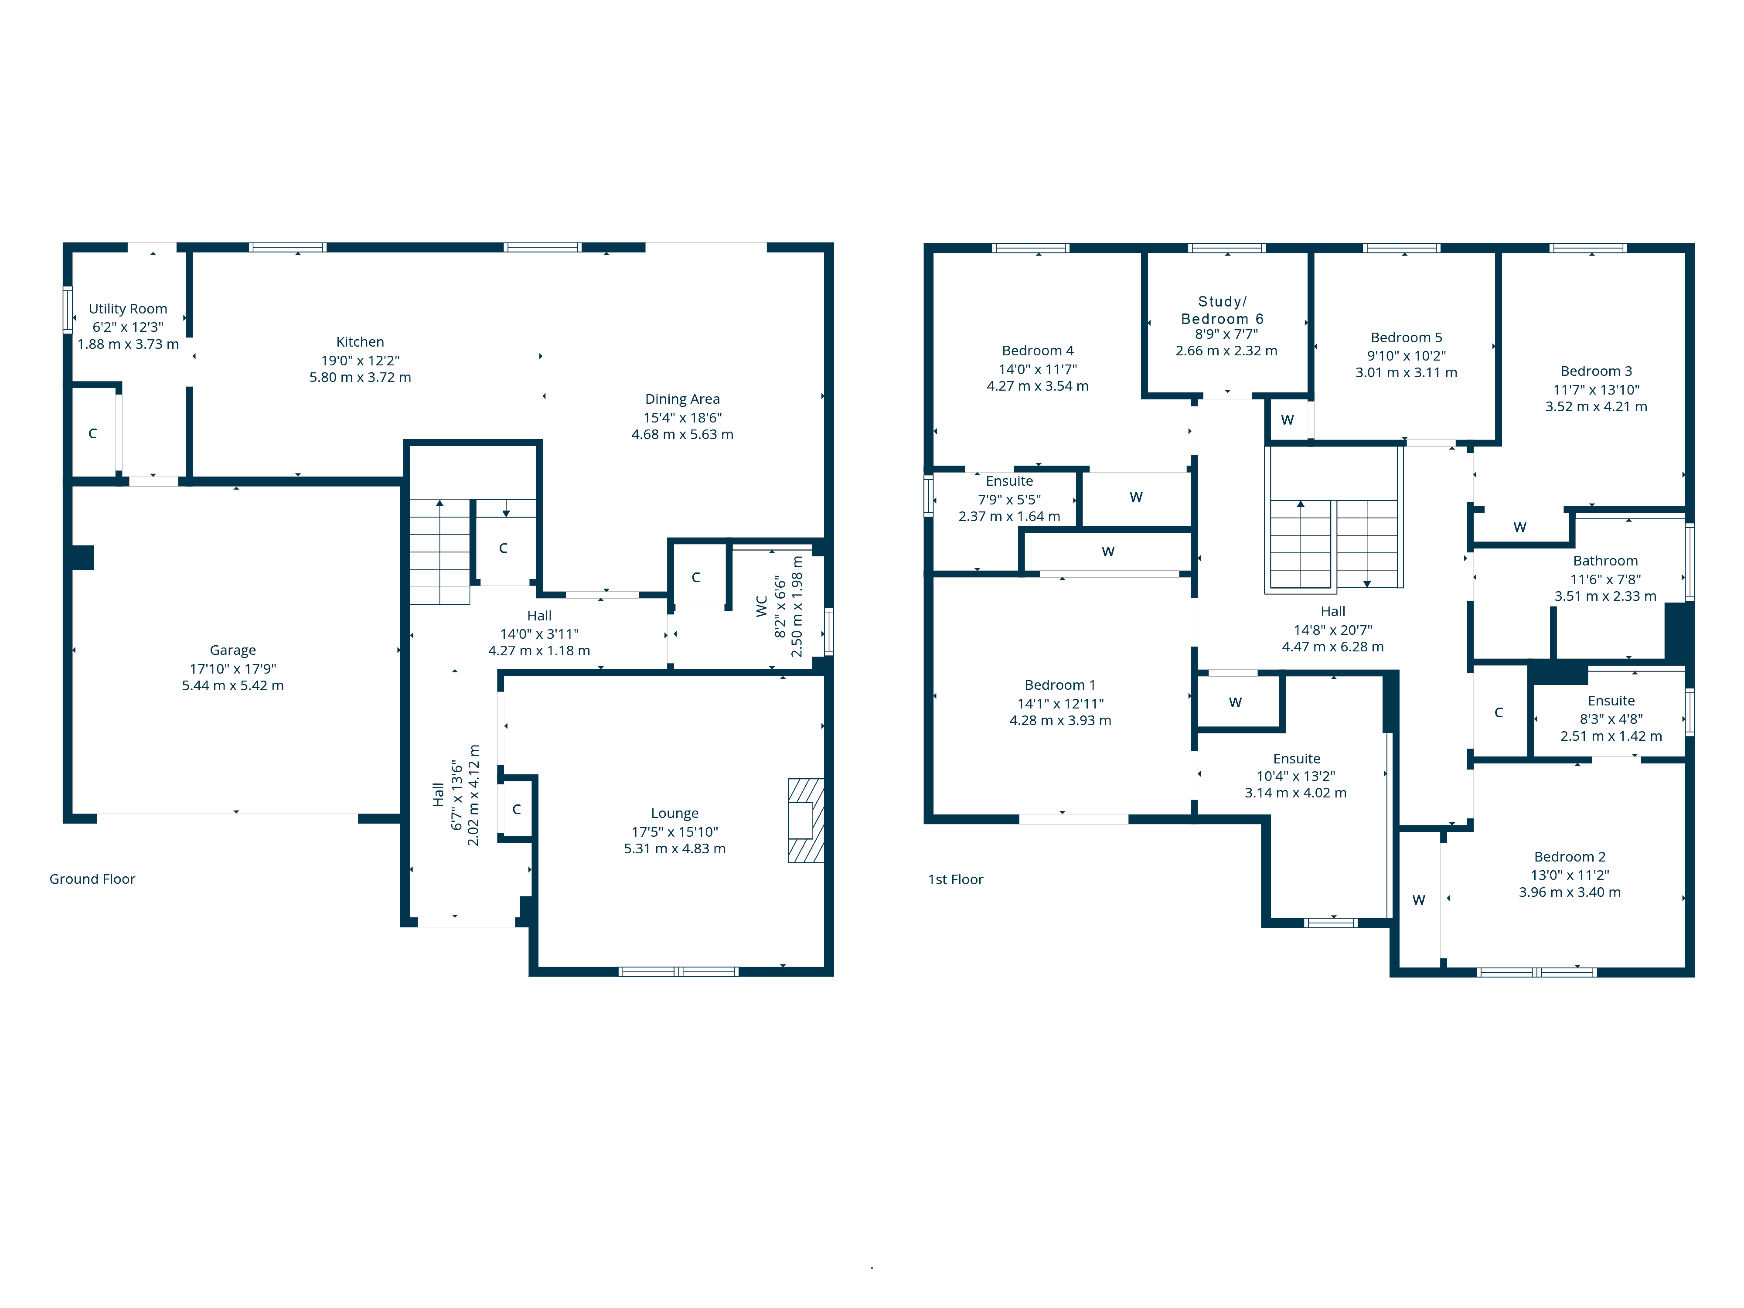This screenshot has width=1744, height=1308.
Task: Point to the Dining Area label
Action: point(682,399)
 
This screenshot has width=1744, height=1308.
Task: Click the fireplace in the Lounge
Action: point(806,820)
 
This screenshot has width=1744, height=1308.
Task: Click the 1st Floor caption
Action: point(956,879)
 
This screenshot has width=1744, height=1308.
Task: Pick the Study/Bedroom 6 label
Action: point(1222,310)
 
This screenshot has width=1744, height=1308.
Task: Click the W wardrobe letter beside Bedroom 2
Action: point(1418,899)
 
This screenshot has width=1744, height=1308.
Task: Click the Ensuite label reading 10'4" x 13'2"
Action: point(1296,759)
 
